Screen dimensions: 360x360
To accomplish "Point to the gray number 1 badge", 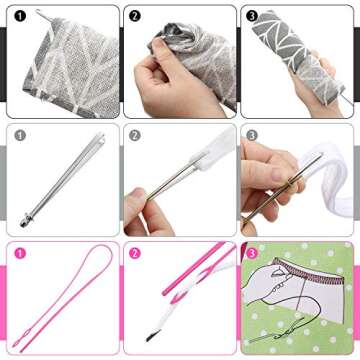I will pyautogui.click(x=20, y=135).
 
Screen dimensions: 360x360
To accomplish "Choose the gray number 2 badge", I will pyautogui.click(x=136, y=135).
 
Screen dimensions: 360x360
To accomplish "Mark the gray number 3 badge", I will pyautogui.click(x=252, y=135).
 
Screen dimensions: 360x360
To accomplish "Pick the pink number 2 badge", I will pyautogui.click(x=136, y=253).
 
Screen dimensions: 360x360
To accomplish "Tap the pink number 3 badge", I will pyautogui.click(x=252, y=253).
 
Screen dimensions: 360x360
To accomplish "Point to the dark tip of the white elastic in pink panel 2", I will pyautogui.click(x=157, y=343).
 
